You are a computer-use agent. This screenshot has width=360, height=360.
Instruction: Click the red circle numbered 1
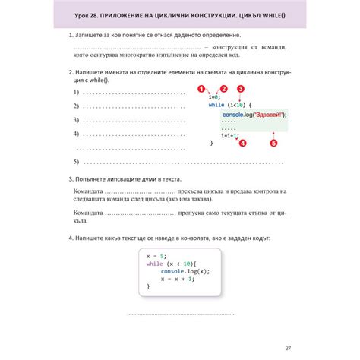coord(201,88)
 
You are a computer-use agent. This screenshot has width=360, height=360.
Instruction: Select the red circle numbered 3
coord(241,88)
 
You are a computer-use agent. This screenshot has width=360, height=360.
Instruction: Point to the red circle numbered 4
coord(242,142)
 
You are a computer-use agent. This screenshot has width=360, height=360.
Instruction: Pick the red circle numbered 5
coord(273,142)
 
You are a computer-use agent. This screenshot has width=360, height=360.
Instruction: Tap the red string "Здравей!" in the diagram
coord(269,114)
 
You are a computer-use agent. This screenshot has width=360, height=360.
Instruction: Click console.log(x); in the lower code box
coord(185,271)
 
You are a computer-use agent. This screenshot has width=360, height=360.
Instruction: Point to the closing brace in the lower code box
coord(148,286)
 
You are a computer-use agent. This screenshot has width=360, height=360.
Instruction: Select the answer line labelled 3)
coord(133,120)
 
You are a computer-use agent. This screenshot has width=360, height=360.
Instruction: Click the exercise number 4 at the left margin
coord(70,238)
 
